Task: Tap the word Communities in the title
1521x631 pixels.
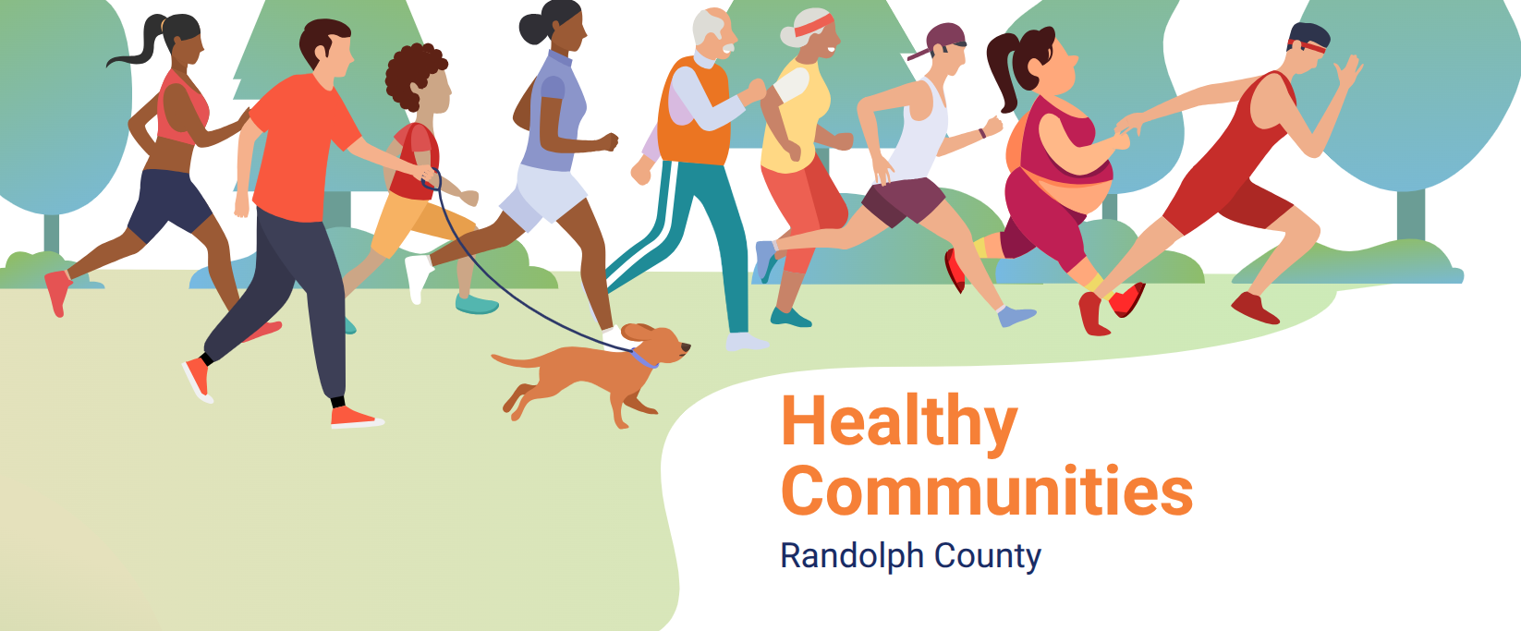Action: click(x=987, y=491)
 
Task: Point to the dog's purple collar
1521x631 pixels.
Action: click(x=644, y=358)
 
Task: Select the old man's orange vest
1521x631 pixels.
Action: click(x=693, y=112)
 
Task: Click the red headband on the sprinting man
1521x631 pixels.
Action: click(x=1308, y=47)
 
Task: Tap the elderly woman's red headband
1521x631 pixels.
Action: click(x=812, y=26)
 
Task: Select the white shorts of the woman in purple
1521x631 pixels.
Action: click(x=543, y=196)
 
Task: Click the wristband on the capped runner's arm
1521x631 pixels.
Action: click(x=982, y=132)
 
